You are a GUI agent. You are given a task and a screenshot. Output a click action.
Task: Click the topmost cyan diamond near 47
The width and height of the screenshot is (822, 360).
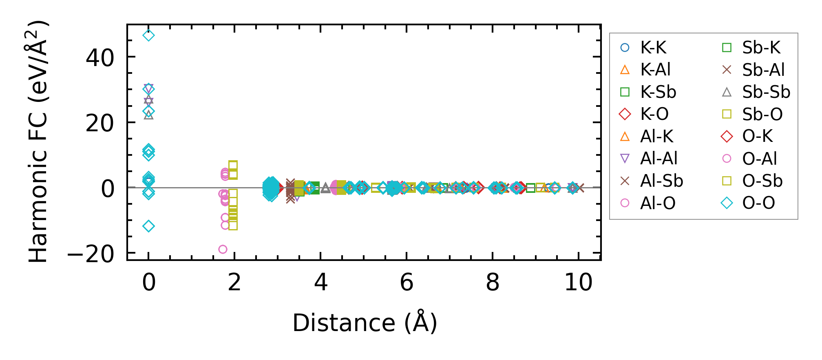149,35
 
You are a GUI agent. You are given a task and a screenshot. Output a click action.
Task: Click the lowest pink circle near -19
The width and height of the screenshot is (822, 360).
223,249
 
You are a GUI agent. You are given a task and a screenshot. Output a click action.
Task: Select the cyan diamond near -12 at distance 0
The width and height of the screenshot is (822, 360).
149,226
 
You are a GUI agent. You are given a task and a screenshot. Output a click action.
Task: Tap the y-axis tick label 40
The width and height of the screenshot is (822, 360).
100,57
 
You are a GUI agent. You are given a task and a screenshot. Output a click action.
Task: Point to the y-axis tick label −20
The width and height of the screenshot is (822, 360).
91,254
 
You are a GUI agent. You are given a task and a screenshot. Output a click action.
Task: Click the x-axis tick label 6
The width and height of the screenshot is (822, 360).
407,283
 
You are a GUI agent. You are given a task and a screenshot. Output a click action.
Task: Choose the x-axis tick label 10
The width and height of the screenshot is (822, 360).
578,283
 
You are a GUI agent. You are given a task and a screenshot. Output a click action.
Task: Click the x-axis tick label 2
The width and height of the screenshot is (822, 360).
234,283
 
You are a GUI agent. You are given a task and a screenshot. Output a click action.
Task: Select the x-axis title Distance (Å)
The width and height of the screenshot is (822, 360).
365,323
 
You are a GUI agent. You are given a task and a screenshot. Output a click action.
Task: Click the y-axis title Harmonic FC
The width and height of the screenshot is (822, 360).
38,141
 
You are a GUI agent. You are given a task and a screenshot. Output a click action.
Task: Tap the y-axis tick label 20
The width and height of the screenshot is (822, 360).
100,123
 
